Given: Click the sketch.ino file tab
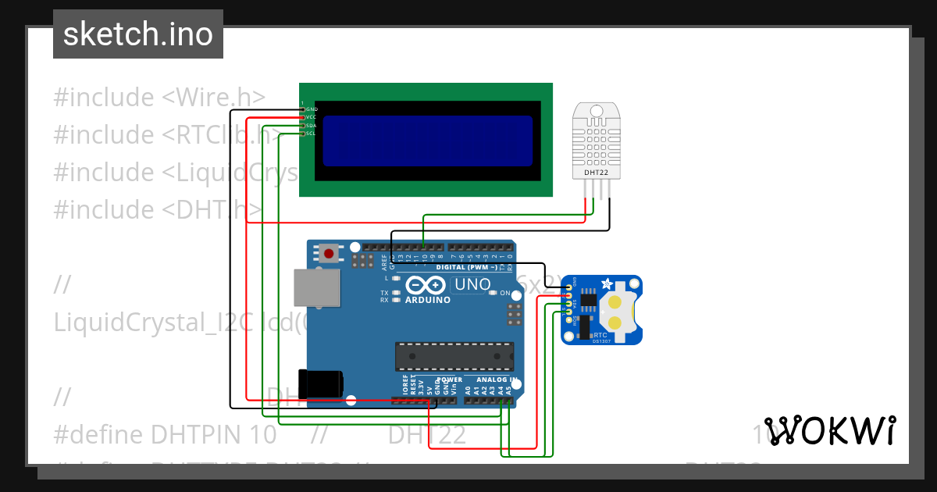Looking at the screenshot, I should point(138,34).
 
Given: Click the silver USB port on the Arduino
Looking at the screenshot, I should point(317,288).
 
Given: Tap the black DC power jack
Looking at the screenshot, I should point(323,383).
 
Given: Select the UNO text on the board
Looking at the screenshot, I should point(472,284).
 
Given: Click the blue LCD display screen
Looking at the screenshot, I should point(427,141).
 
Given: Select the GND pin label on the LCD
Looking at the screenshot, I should point(312,109).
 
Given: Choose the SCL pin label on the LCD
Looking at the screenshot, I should point(312,134).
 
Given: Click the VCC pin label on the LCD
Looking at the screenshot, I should point(312,117).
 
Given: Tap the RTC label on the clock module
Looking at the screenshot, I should point(600,334).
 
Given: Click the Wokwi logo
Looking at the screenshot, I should point(829,430).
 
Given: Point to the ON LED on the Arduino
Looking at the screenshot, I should point(505,294).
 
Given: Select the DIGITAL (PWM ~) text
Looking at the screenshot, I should point(467,266).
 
